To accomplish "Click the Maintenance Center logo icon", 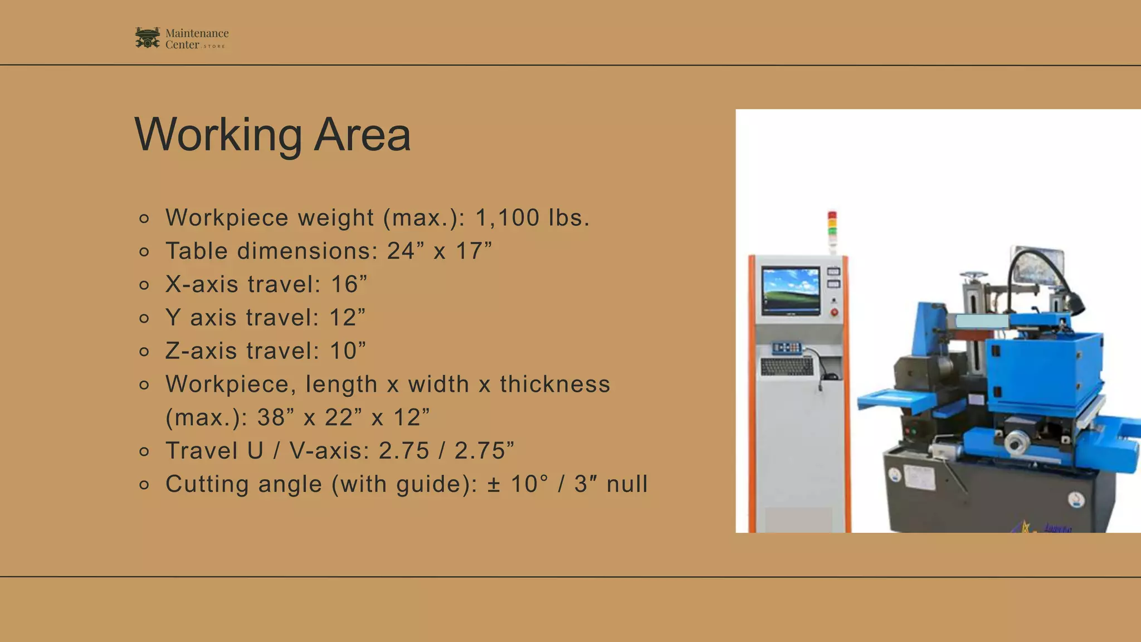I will coord(147,38).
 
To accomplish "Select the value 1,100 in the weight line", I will coord(507,217).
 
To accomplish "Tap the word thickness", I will coord(555,384).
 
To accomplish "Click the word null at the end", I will coord(627,484).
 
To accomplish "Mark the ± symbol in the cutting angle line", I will coord(494,484).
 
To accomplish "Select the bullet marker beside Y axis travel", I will coord(144,318).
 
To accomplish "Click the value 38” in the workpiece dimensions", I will coord(276,417).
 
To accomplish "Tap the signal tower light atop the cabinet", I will coord(832,226).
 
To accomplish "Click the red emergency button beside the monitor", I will coord(834,312).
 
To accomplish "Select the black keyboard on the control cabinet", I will coord(787,366).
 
